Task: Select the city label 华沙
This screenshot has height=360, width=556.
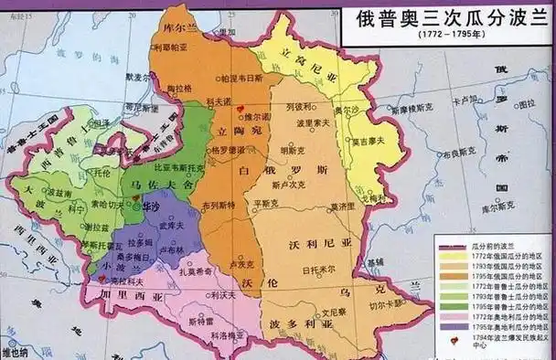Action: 154,207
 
